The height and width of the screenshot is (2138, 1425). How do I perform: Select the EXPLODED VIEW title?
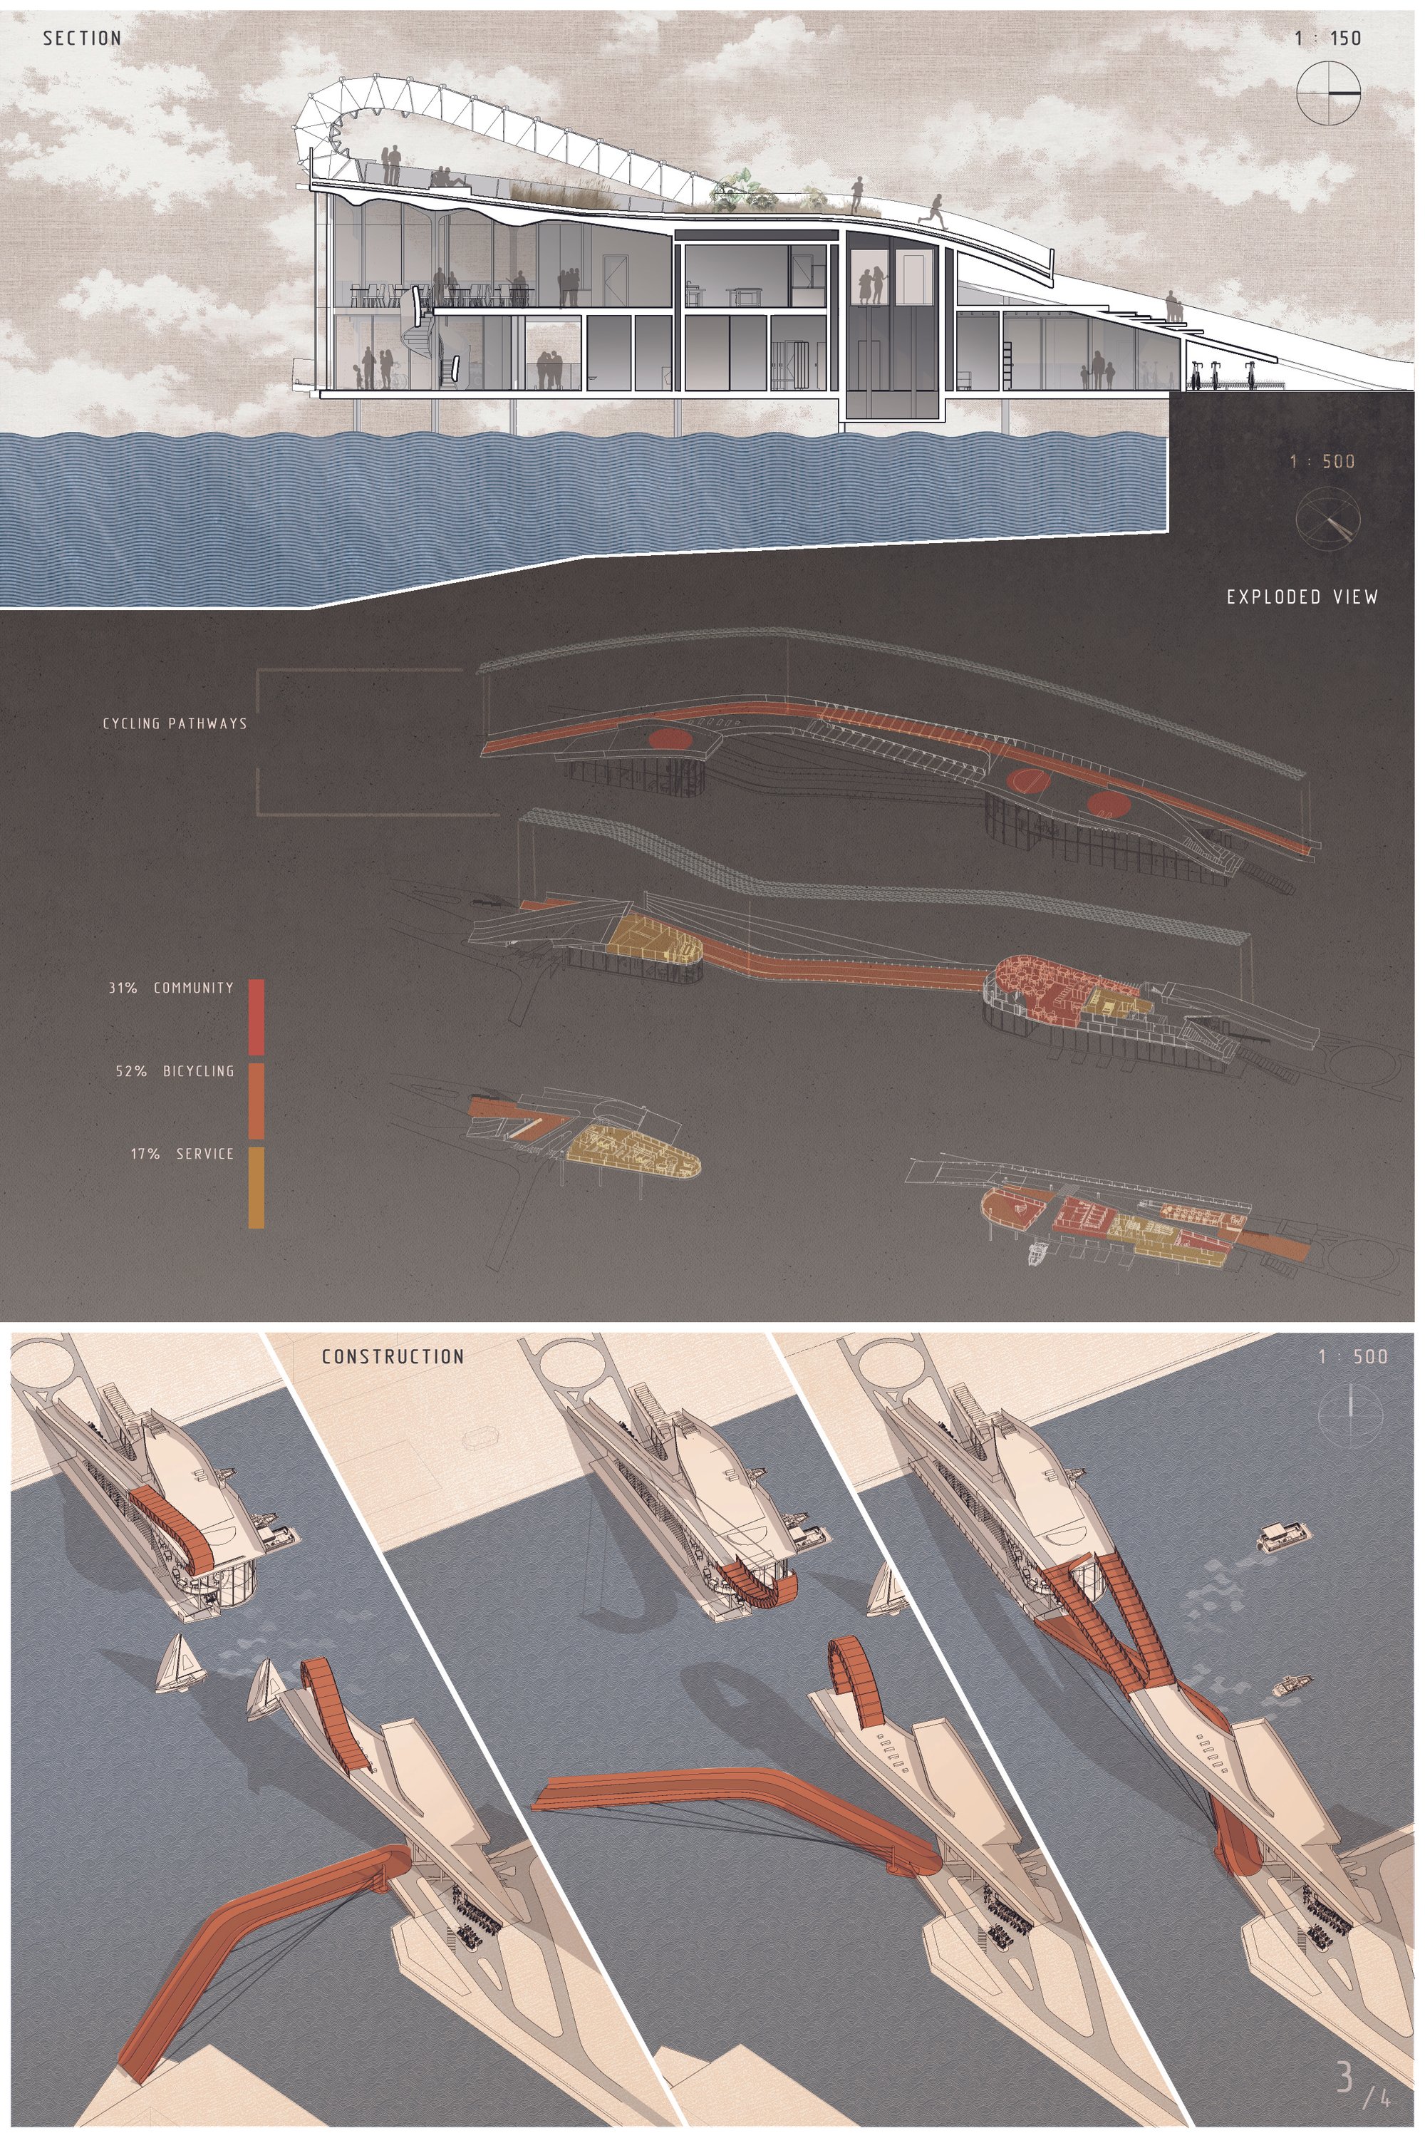point(1302,597)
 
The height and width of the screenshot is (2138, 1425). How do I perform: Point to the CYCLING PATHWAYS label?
point(175,723)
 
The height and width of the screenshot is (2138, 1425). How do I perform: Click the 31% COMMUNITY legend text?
point(171,987)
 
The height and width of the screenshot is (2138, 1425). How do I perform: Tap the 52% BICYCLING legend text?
point(175,1071)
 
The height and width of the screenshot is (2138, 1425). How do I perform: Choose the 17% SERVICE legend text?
point(182,1154)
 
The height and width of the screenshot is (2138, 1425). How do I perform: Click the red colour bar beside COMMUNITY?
point(256,1017)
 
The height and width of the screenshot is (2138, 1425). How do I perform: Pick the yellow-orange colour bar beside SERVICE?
point(256,1188)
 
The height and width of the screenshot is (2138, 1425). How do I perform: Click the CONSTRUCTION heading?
point(393,1356)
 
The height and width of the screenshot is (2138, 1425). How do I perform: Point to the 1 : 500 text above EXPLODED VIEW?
point(1322,461)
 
